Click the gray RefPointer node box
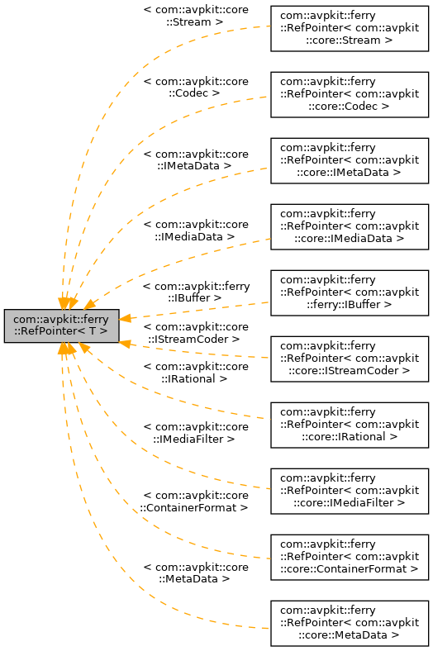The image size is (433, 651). pos(61,325)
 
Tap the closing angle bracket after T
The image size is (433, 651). pos(103,331)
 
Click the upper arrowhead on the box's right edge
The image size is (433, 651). pos(126,317)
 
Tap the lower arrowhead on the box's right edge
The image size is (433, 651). pos(126,343)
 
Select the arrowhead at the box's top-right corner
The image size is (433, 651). pos(90,305)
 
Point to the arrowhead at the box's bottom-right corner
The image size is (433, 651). pos(83,349)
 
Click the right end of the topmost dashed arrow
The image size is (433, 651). pos(268,26)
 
